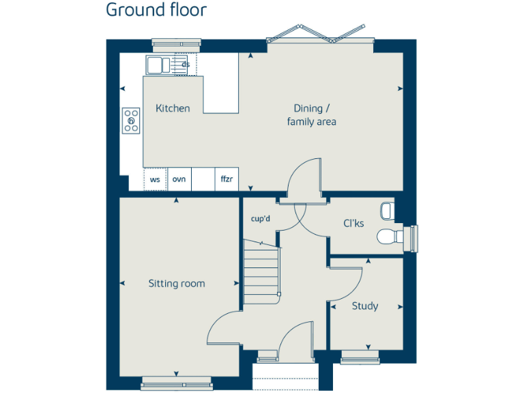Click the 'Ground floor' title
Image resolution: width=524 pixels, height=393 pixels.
(156, 10)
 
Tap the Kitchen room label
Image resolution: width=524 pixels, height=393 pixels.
(173, 108)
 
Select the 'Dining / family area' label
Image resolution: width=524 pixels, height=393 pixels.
(312, 115)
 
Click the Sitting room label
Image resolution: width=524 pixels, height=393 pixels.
(177, 284)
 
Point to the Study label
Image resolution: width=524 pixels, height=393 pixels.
(365, 306)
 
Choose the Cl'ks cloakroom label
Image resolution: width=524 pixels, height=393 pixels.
(353, 223)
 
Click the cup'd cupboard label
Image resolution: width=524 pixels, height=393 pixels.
(261, 219)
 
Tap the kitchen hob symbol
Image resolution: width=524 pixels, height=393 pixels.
(131, 120)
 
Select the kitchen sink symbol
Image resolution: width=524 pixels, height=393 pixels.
(158, 65)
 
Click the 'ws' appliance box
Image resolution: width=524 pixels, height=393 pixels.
(155, 179)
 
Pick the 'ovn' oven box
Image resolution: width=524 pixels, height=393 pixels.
(179, 179)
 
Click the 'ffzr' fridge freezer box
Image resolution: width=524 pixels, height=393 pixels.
(227, 179)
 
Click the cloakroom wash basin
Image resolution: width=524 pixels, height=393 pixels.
(388, 210)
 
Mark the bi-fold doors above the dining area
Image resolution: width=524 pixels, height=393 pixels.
(321, 33)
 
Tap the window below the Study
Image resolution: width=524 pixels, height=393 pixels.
(360, 355)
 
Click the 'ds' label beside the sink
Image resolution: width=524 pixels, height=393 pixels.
(186, 65)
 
